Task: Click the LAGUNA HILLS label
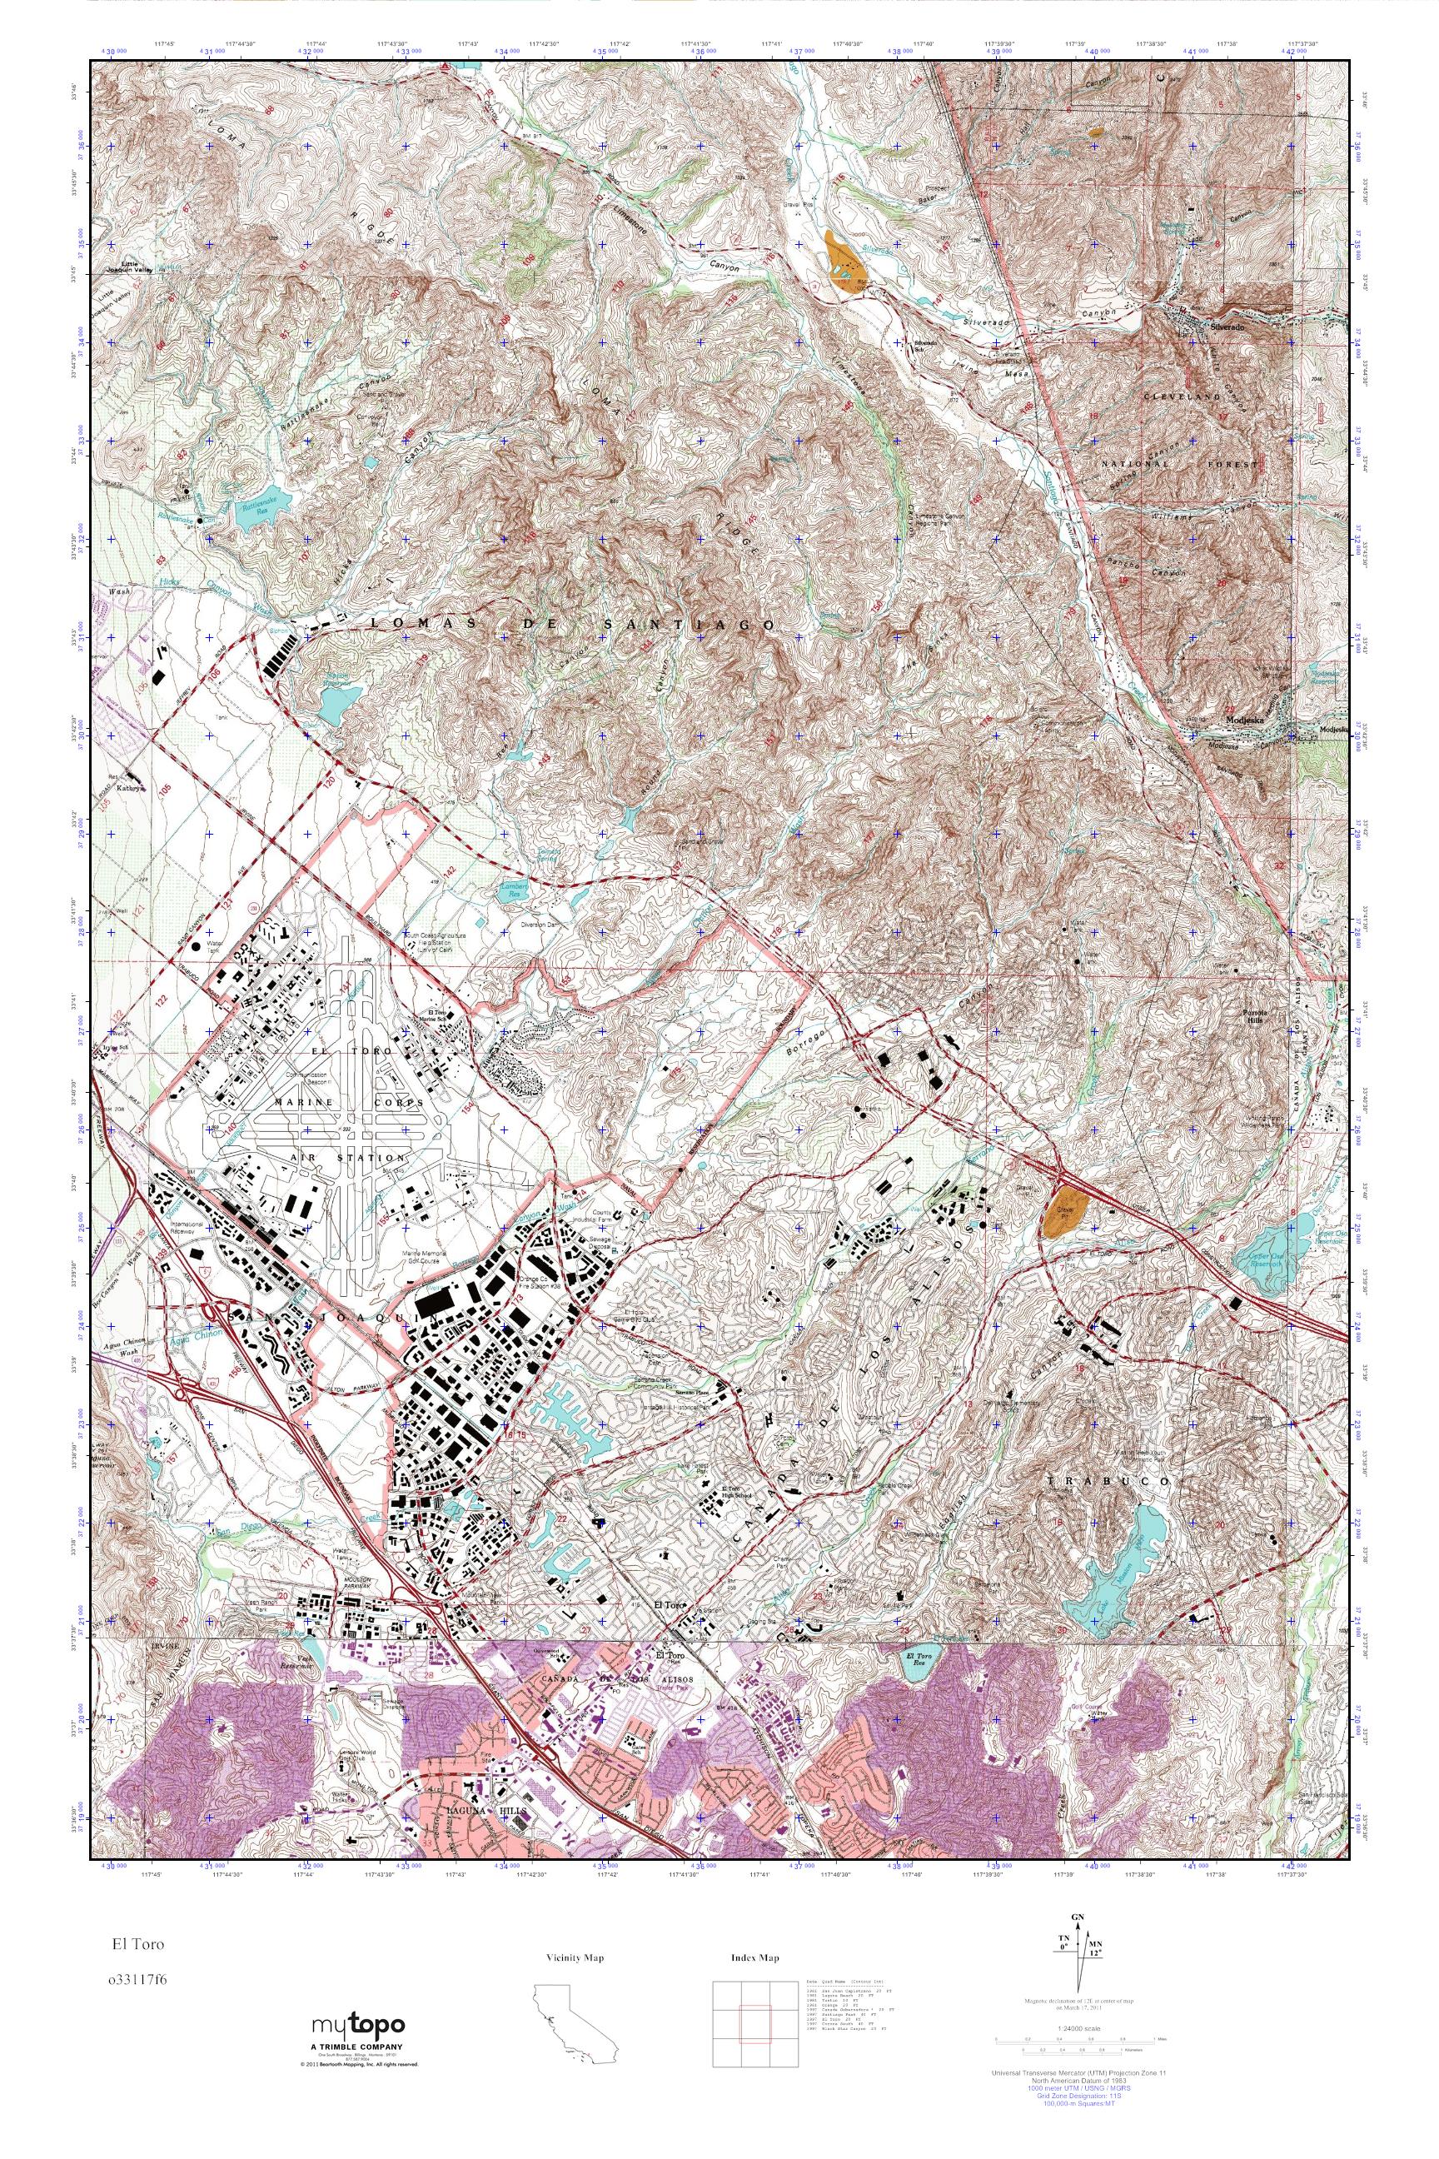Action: pyautogui.click(x=476, y=1784)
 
